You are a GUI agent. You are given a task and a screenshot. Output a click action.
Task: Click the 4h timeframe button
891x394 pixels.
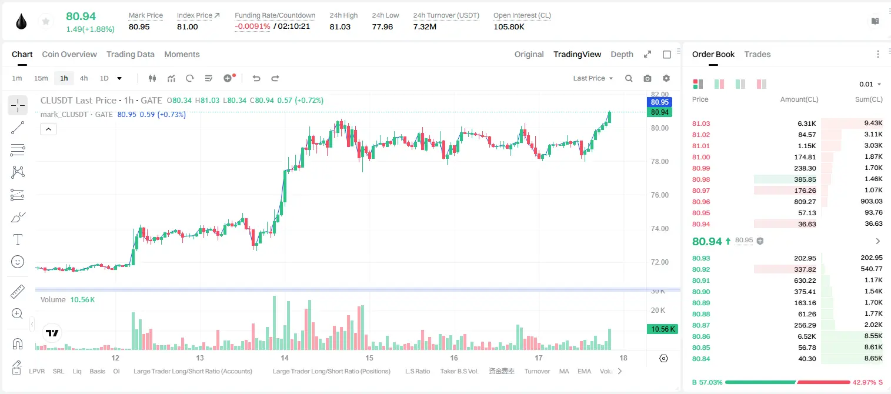click(84, 78)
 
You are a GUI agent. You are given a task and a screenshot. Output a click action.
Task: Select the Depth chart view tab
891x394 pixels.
click(622, 55)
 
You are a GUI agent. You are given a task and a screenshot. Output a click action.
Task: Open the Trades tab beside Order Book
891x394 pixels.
click(757, 55)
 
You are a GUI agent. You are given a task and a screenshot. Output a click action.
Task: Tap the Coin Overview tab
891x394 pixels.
click(69, 55)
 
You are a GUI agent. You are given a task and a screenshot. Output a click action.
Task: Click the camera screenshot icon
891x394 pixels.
click(648, 78)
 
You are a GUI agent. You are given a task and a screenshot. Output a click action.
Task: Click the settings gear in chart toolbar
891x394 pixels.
click(666, 78)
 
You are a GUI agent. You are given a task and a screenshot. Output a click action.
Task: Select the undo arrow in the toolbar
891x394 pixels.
click(256, 78)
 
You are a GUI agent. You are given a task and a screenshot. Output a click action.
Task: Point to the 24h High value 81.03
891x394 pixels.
click(340, 26)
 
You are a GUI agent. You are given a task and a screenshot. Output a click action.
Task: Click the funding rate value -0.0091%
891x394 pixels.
click(252, 26)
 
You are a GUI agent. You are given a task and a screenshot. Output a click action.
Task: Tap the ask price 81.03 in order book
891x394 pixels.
click(701, 123)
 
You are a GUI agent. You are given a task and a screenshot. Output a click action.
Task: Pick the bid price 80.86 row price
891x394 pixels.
click(701, 336)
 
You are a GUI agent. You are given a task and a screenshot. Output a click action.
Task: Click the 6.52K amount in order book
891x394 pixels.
click(807, 336)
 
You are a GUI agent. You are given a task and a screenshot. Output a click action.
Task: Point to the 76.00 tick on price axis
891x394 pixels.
click(660, 195)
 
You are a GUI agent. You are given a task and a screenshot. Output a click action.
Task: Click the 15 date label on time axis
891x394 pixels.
click(369, 358)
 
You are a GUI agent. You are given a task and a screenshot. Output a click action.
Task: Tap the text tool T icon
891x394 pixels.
click(18, 239)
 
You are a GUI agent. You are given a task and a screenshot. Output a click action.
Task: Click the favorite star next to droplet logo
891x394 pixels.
click(46, 21)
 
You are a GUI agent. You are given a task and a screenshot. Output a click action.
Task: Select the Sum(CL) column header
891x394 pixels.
click(869, 99)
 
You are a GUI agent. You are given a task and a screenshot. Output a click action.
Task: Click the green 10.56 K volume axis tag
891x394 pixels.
click(662, 329)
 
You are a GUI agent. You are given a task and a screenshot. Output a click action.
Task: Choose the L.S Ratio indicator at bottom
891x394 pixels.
click(418, 371)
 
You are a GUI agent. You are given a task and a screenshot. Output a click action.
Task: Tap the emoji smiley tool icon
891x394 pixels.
click(18, 262)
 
